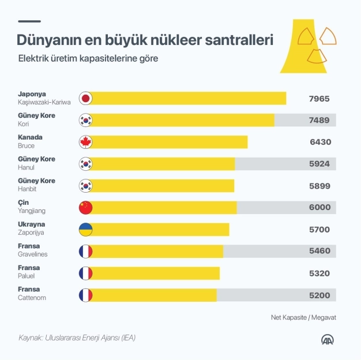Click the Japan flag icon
(85, 99)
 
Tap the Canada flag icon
(85, 142)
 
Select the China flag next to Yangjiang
(85, 208)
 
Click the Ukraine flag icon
(85, 230)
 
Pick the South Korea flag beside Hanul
(85, 164)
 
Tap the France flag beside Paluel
(85, 273)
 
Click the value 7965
(319, 99)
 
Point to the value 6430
(319, 142)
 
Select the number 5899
(319, 186)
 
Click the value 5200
(319, 295)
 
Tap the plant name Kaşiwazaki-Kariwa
(44, 102)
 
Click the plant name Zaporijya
(31, 233)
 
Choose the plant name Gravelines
(33, 254)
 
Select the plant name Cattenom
(32, 298)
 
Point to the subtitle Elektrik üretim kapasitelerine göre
(88, 59)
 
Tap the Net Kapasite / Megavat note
(303, 317)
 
